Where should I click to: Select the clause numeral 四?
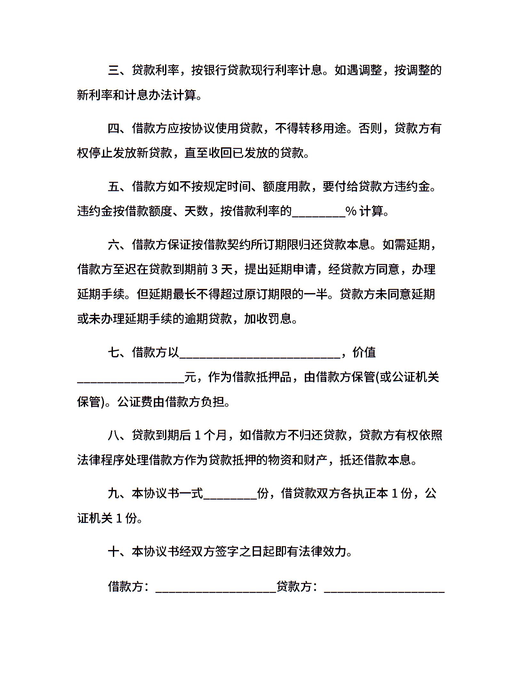(x=114, y=128)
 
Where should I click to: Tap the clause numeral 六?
(x=114, y=245)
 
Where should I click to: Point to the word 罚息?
(x=280, y=319)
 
